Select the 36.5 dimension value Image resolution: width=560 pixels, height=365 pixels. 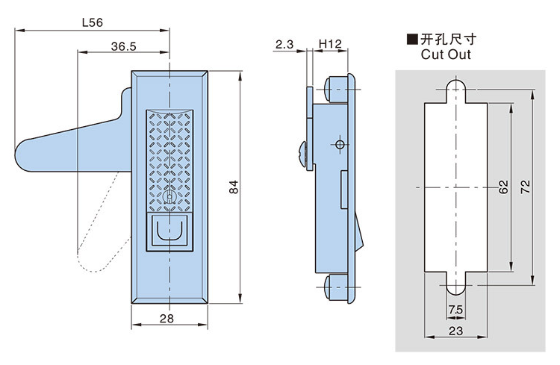pos(123,46)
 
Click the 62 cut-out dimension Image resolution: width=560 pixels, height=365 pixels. pos(503,187)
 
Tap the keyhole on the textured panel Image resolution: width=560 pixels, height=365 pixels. pos(171,197)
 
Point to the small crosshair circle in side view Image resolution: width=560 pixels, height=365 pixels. pos(339,144)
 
